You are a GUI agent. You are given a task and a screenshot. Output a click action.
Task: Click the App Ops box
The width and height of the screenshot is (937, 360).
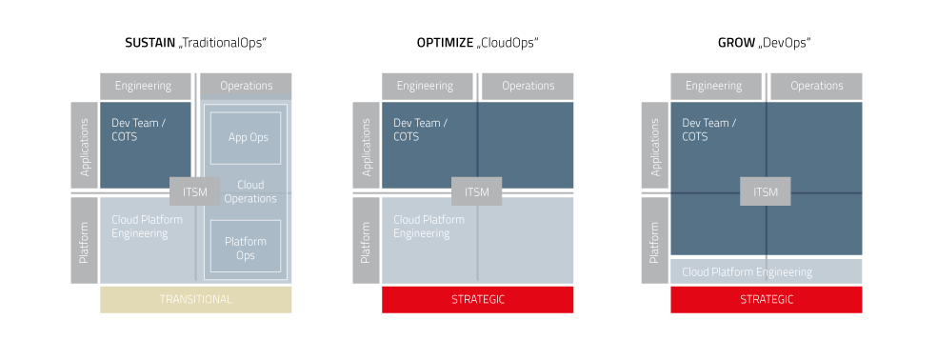tap(246, 137)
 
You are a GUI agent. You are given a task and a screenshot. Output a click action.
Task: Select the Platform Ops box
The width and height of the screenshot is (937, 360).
tap(246, 249)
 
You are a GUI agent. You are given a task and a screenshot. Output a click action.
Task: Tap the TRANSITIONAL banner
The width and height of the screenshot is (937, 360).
tap(195, 300)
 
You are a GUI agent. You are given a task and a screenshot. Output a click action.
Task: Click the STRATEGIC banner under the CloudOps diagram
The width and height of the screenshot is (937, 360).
tap(477, 300)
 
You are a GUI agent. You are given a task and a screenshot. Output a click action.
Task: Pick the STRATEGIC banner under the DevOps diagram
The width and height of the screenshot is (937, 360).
tap(767, 300)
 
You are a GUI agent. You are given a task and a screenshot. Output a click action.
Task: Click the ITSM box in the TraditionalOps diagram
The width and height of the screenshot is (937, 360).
tap(195, 191)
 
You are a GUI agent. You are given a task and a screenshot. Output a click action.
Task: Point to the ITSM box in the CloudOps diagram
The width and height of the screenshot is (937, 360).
tap(477, 191)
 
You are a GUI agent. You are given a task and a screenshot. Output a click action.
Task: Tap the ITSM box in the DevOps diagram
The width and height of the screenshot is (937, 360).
tap(766, 191)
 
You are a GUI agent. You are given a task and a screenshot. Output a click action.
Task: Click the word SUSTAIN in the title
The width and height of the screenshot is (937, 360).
tap(150, 43)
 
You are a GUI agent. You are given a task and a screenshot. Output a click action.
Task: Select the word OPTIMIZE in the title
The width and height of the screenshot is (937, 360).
tap(444, 43)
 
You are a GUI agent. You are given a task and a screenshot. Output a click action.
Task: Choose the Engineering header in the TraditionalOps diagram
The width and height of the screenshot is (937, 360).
tap(144, 86)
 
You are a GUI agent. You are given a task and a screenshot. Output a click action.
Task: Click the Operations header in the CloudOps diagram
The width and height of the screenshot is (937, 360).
tap(528, 86)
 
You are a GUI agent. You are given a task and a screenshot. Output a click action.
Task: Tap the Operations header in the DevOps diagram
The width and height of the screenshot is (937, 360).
tap(816, 86)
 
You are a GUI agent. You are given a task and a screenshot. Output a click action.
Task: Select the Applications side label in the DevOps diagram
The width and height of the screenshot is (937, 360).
tap(655, 147)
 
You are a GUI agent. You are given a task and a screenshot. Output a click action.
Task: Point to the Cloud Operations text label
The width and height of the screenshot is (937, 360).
tap(250, 191)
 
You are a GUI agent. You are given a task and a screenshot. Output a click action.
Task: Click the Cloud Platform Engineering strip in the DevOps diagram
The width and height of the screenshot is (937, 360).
tap(767, 271)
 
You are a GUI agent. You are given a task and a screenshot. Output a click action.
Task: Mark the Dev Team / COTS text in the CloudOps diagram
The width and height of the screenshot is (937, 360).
tap(421, 130)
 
